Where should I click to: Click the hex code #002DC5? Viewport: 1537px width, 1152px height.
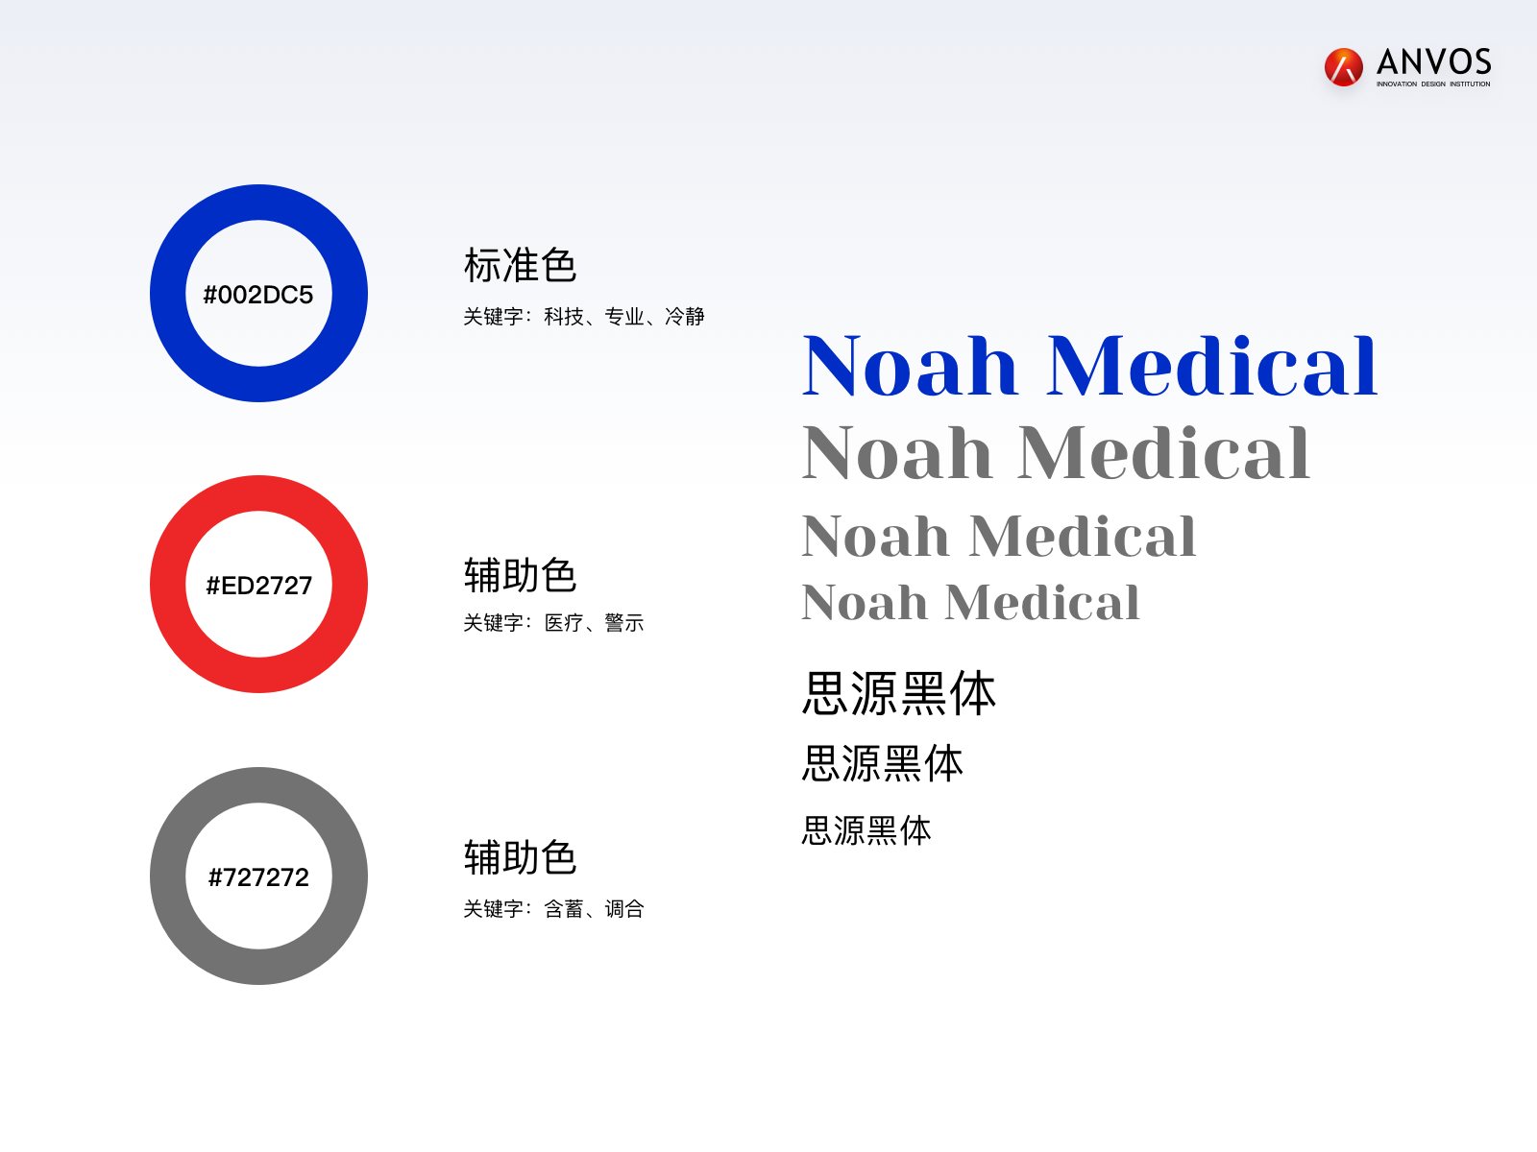[x=257, y=295]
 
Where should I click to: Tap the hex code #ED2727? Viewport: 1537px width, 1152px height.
[x=258, y=586]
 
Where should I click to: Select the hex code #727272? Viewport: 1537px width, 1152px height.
[x=258, y=877]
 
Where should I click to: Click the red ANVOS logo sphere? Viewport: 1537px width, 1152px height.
[x=1343, y=67]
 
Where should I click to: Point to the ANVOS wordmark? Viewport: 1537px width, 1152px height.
[x=1433, y=61]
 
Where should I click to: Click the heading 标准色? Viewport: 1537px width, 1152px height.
[x=520, y=265]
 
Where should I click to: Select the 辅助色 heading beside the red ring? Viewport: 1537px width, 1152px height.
[x=520, y=575]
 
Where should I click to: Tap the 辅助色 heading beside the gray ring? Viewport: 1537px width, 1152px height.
[x=520, y=857]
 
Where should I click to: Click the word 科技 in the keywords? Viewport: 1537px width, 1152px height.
[x=564, y=317]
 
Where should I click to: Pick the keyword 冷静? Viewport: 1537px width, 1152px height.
[x=684, y=317]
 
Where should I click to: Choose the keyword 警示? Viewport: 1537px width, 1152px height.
[x=623, y=622]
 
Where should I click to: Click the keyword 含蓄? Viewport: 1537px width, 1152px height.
[x=564, y=908]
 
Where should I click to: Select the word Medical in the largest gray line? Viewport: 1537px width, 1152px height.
[x=1163, y=453]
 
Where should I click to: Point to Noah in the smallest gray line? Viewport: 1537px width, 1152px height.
[x=864, y=603]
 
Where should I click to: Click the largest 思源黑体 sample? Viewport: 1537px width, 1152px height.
[x=898, y=693]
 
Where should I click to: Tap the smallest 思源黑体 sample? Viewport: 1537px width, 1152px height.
[x=866, y=830]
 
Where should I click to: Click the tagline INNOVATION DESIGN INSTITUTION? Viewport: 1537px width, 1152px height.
[x=1433, y=84]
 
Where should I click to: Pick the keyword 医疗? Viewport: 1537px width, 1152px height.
[x=564, y=622]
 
